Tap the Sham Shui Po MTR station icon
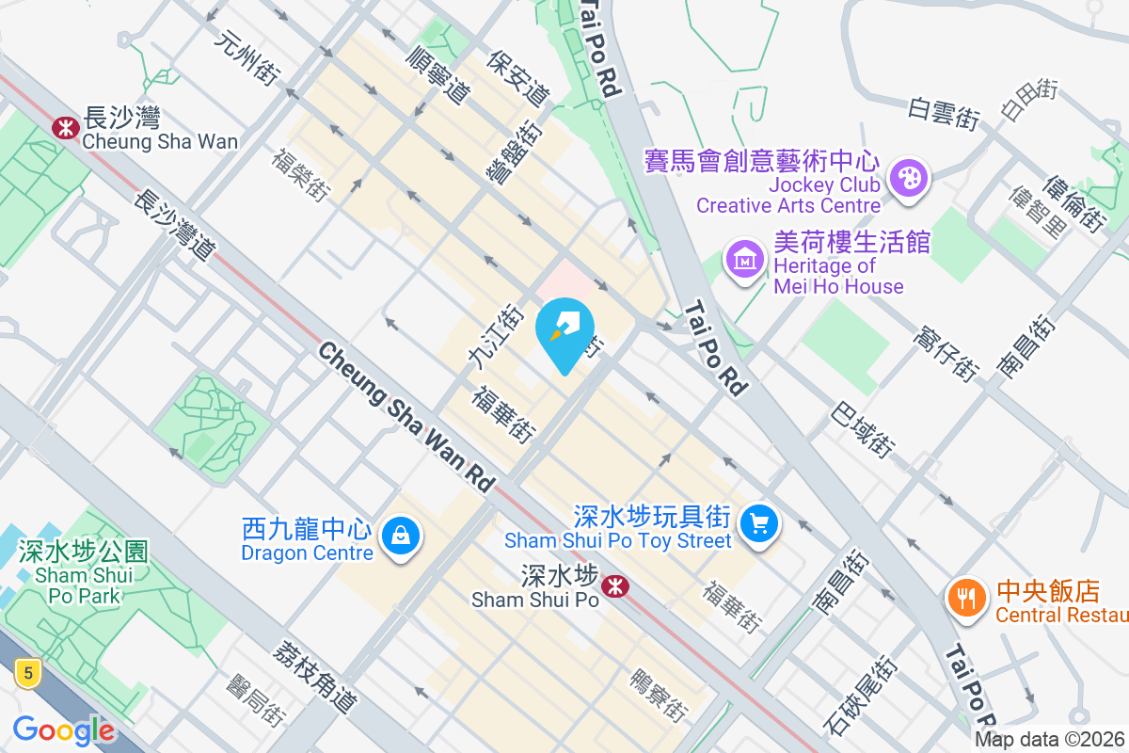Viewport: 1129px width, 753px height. (616, 586)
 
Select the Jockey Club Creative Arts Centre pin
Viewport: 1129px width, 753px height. (909, 177)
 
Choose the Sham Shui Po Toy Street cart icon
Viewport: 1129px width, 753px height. (759, 523)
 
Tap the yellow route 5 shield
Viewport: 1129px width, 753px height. (29, 672)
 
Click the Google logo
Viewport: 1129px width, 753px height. (63, 730)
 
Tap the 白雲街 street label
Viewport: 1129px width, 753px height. (944, 113)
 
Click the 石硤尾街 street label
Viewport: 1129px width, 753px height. (860, 696)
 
